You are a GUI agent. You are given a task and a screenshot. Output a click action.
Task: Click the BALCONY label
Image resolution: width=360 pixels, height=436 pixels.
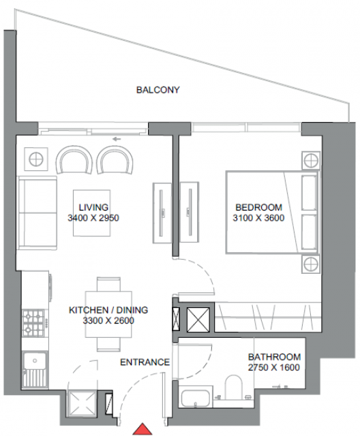point(157,90)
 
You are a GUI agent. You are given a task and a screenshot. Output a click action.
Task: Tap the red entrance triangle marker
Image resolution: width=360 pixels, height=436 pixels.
point(142,430)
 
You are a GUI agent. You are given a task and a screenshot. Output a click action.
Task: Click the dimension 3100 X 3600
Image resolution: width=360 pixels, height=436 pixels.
point(258,218)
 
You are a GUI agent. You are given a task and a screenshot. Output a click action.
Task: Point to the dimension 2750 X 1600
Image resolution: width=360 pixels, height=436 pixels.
point(274,368)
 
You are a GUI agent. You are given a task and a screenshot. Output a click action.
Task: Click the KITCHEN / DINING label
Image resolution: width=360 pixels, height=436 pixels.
point(108,310)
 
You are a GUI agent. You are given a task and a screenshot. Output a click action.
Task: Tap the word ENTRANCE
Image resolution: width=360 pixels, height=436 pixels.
point(145,362)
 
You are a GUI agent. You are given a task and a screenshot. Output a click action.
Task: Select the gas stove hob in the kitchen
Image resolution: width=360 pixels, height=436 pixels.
point(33,322)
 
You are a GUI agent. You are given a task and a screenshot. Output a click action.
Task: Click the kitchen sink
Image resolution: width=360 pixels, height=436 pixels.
point(35,370)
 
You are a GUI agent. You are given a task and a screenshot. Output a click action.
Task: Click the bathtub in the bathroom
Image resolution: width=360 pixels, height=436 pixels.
point(195,398)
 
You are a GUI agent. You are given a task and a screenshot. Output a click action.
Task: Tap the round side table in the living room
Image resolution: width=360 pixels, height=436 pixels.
point(36,159)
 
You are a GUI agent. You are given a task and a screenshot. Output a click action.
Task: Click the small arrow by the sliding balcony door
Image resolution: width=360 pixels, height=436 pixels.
point(117,139)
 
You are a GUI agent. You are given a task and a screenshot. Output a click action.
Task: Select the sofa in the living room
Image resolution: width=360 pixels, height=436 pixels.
point(37,213)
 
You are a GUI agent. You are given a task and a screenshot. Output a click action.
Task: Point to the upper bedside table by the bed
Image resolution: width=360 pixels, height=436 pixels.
point(311,161)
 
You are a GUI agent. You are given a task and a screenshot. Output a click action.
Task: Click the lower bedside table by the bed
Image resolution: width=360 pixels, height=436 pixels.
point(311,264)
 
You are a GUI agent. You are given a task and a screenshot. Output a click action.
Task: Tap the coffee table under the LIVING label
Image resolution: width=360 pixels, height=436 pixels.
point(92,213)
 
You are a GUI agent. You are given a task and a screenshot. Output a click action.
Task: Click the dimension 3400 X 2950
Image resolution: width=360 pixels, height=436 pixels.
point(93,218)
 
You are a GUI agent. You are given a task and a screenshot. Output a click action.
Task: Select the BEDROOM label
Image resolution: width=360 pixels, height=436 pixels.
point(258,207)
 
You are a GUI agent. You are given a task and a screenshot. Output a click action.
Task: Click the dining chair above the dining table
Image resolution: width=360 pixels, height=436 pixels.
point(109,284)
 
